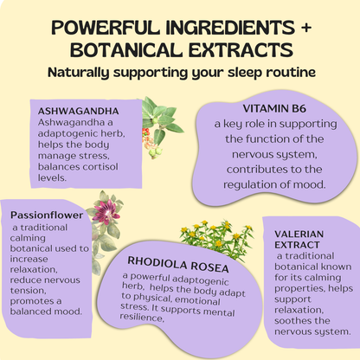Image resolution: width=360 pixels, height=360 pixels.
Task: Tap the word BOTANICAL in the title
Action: pyautogui.click(x=125, y=50)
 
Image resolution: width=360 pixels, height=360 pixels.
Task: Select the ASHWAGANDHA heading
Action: pyautogui.click(x=78, y=111)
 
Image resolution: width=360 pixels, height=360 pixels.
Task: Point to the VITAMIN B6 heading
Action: pyautogui.click(x=274, y=108)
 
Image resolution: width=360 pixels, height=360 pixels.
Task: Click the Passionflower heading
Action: pyautogui.click(x=47, y=215)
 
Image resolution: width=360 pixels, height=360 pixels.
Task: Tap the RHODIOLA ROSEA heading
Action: pyautogui.click(x=178, y=265)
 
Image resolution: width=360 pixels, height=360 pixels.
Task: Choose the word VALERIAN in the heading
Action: pyautogui.click(x=299, y=234)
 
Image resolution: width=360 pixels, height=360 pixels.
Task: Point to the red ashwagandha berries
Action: pyautogui.click(x=145, y=133)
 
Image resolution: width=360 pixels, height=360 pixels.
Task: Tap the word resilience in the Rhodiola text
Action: pyautogui.click(x=142, y=318)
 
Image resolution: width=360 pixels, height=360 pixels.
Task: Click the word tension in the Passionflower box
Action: pyautogui.click(x=28, y=291)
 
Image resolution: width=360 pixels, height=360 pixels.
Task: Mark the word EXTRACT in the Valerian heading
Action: pyautogui.click(x=297, y=245)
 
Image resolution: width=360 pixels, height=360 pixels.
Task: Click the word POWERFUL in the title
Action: pyautogui.click(x=106, y=28)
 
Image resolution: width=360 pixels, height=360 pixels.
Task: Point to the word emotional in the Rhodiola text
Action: pyautogui.click(x=197, y=300)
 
